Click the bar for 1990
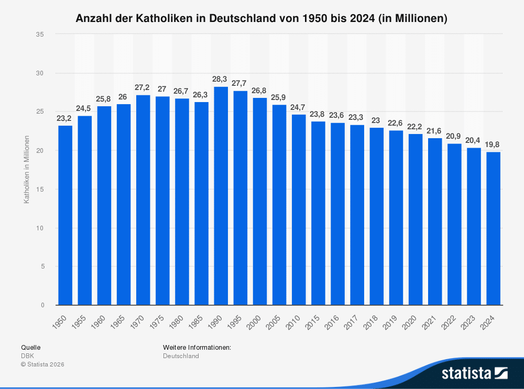pyautogui.click(x=221, y=196)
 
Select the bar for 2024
pyautogui.click(x=493, y=228)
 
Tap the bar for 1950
pyautogui.click(x=65, y=215)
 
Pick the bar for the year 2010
pyautogui.click(x=299, y=209)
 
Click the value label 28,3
pyautogui.click(x=221, y=79)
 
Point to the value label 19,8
pyautogui.click(x=493, y=144)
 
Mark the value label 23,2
pyautogui.click(x=65, y=118)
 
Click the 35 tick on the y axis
pyautogui.click(x=40, y=34)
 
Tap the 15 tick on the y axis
pyautogui.click(x=40, y=189)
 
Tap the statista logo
pyautogui.click(x=474, y=373)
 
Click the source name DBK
pyautogui.click(x=27, y=356)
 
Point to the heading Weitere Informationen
pyautogui.click(x=197, y=347)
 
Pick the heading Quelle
pyautogui.click(x=30, y=347)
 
